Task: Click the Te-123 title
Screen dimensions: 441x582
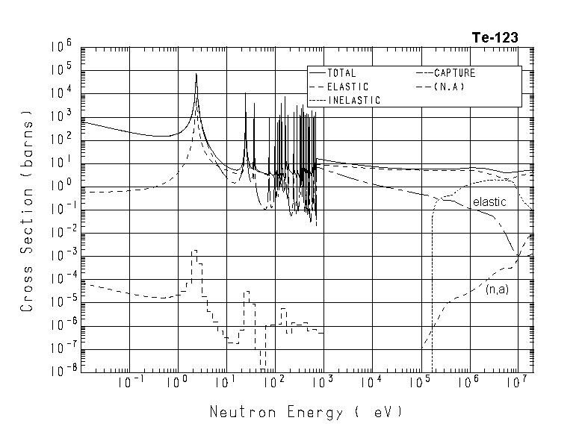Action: pos(495,37)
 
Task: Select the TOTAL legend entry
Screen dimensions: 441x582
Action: pos(341,73)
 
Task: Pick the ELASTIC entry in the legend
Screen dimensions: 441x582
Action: pos(347,87)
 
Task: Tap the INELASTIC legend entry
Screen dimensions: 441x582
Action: pos(353,100)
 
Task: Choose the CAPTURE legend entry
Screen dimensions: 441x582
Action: pos(454,73)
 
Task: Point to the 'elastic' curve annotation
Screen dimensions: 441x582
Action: pos(489,201)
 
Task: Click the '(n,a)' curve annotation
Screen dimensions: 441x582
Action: pos(497,289)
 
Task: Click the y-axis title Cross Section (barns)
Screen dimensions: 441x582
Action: pos(27,210)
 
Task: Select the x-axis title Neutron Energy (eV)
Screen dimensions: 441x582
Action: pos(306,412)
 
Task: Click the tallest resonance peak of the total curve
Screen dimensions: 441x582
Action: pos(196,75)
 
